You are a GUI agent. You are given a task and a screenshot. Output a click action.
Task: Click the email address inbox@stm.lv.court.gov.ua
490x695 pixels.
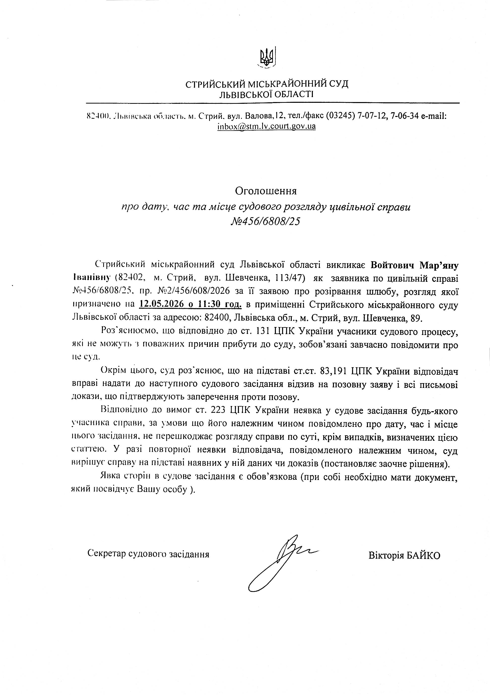[x=266, y=126]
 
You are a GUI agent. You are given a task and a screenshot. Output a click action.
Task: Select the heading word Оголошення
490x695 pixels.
[x=266, y=191]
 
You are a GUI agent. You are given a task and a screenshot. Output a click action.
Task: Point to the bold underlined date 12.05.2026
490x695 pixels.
[x=162, y=304]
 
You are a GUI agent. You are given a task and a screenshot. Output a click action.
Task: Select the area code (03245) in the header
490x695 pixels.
[x=340, y=116]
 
